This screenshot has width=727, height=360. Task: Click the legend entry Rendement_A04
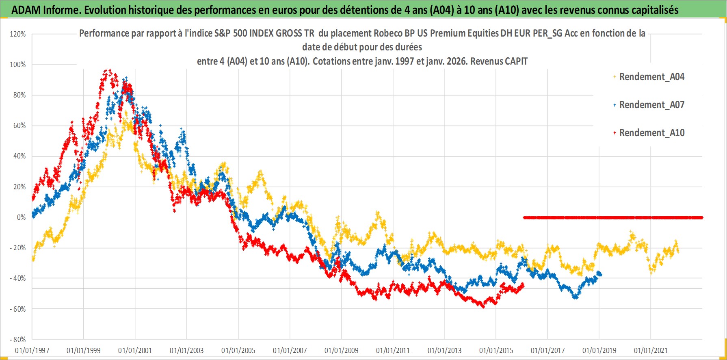(651, 77)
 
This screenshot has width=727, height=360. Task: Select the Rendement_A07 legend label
(651, 105)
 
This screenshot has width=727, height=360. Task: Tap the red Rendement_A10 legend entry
(651, 133)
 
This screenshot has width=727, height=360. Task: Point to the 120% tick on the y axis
(18, 34)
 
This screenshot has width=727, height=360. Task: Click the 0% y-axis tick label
(21, 217)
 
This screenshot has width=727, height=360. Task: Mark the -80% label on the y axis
(18, 340)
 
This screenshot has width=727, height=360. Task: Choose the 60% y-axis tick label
(19, 126)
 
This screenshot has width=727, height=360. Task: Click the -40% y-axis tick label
(18, 278)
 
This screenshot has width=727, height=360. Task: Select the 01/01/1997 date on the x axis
(32, 351)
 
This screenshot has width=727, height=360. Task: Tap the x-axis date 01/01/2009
(342, 351)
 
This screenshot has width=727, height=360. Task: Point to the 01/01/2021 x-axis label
(651, 351)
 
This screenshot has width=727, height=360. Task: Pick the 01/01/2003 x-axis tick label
(187, 351)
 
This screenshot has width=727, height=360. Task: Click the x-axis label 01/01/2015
(496, 351)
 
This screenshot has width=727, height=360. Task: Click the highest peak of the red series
(107, 70)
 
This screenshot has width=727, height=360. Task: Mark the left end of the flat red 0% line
(524, 217)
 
